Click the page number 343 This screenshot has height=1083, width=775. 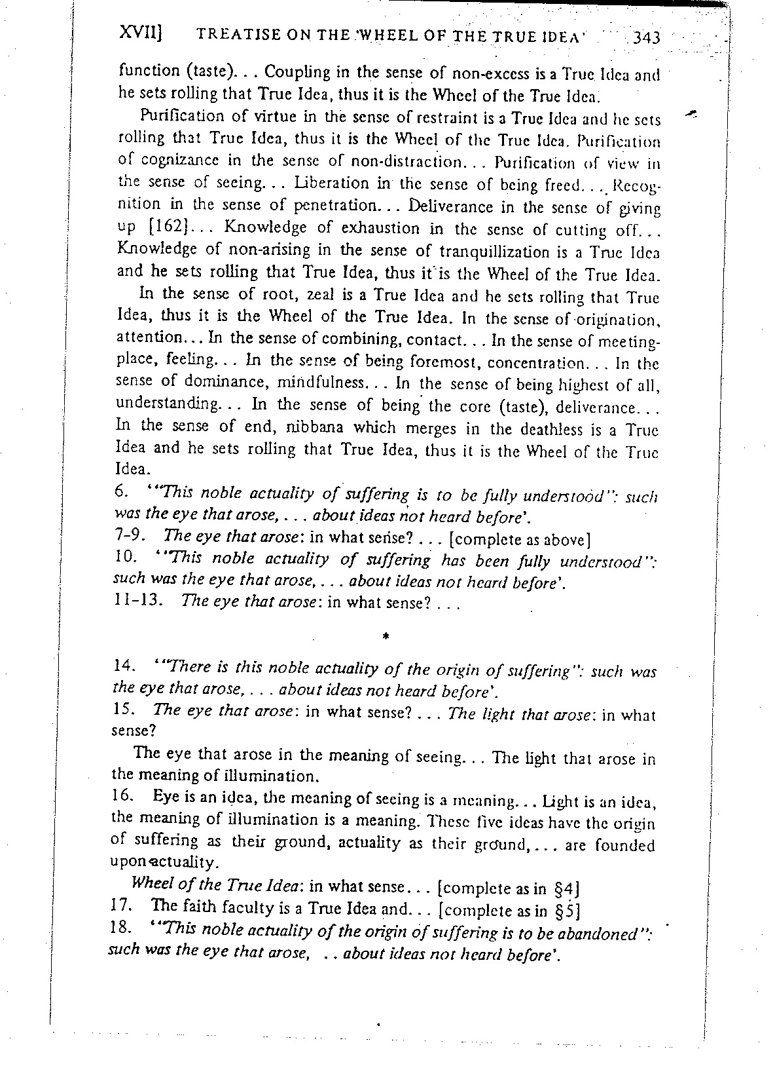click(647, 39)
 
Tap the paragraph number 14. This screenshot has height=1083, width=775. click(124, 666)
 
